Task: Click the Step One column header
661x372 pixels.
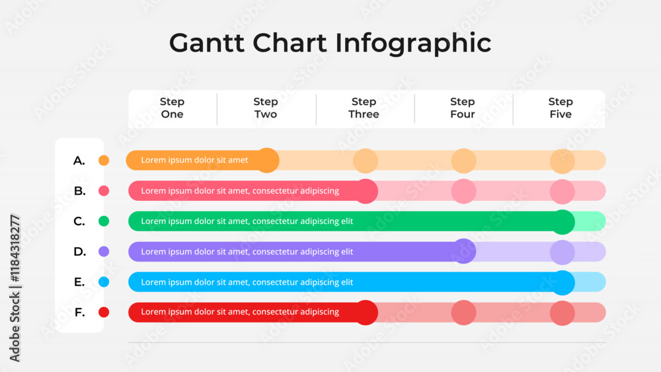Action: click(x=172, y=108)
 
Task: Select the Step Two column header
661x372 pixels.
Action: click(x=266, y=108)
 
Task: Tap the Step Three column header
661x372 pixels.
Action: click(x=364, y=108)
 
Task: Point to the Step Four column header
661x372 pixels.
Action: click(x=463, y=108)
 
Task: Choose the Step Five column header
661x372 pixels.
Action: click(x=561, y=108)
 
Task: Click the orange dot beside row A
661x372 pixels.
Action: click(x=104, y=160)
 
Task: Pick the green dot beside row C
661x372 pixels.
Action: click(x=104, y=221)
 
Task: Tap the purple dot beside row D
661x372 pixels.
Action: click(x=104, y=252)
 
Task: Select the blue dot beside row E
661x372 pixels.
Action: click(x=104, y=282)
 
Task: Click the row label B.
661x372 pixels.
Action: click(x=80, y=191)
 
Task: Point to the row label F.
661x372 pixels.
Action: click(x=80, y=312)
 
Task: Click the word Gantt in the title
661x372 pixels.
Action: click(x=206, y=43)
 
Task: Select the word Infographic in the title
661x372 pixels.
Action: click(x=413, y=44)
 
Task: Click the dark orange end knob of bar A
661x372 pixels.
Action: click(x=267, y=160)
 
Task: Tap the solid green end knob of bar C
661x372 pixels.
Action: click(x=563, y=221)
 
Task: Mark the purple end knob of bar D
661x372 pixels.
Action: click(x=464, y=251)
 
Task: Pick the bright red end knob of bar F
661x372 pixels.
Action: click(x=366, y=313)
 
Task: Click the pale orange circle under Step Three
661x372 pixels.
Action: click(x=366, y=161)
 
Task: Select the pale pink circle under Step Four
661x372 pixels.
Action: click(x=464, y=191)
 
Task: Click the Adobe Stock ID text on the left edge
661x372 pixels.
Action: click(x=15, y=288)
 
